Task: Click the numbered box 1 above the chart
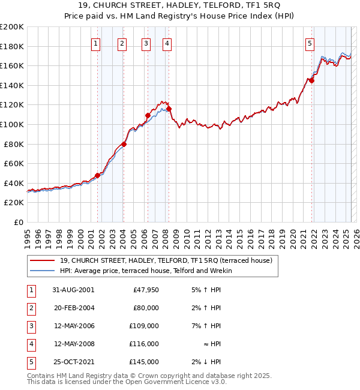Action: (97, 43)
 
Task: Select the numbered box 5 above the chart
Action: (310, 43)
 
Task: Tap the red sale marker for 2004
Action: (124, 144)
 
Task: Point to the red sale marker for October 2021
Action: (311, 80)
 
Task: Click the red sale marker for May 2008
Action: (169, 109)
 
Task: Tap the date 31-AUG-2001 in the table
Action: (73, 290)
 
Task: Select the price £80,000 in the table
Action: (146, 308)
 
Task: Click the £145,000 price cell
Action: (144, 362)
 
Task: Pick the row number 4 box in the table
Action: (31, 344)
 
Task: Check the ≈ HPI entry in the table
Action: (212, 344)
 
